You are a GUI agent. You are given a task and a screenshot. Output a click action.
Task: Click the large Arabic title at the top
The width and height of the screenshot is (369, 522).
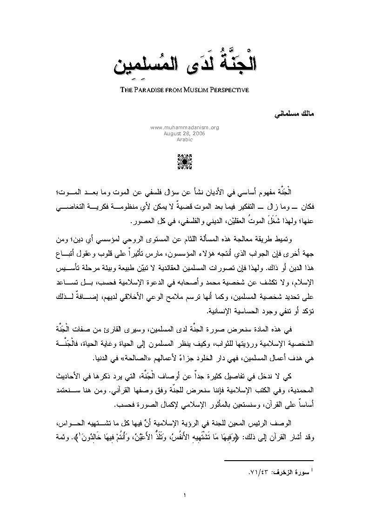185,65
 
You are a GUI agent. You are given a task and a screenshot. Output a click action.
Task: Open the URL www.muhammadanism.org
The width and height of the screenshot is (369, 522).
185,127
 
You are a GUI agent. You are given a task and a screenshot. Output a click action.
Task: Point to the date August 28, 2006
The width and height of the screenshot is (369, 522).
185,132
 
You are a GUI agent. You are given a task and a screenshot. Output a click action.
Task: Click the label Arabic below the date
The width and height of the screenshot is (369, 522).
185,139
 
